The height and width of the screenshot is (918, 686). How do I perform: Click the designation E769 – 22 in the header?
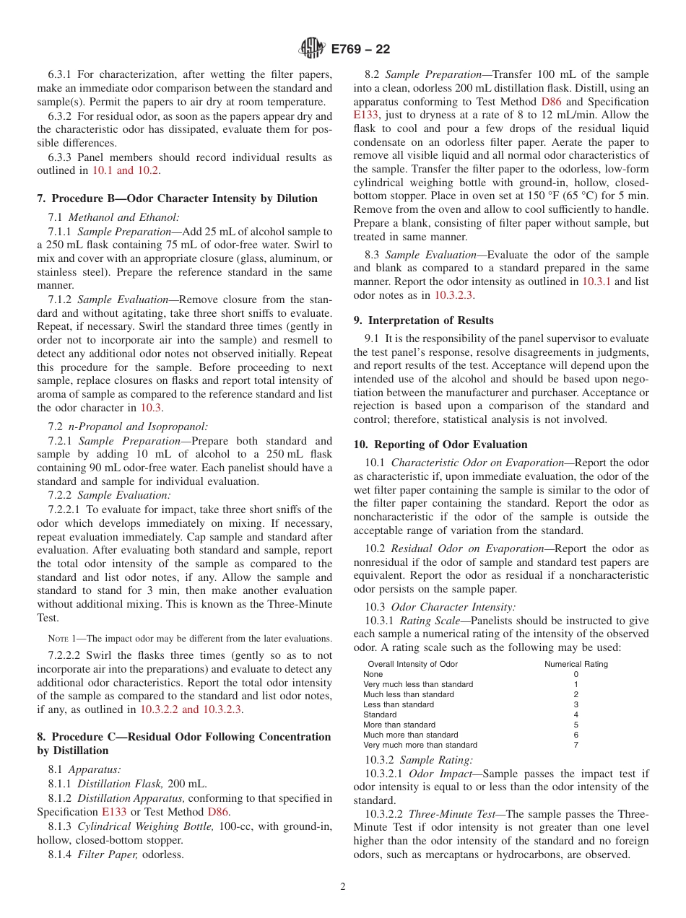point(360,49)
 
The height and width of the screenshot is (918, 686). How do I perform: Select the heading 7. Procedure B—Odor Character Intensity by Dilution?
point(177,198)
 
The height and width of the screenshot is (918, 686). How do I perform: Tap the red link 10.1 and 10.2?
point(127,170)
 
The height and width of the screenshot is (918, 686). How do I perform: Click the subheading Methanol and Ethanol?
point(123,217)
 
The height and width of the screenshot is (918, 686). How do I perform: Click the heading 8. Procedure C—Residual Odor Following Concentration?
point(183,737)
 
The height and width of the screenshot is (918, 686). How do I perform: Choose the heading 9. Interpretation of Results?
point(423,320)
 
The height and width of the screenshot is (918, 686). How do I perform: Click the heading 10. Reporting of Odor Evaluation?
point(440,445)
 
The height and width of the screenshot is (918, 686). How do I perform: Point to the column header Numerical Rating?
point(576,664)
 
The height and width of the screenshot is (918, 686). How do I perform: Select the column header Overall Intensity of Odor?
point(412,664)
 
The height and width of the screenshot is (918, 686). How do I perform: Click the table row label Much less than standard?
point(408,694)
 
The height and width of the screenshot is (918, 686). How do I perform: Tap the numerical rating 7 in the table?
point(576,745)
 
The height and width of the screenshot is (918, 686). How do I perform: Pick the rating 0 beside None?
point(576,674)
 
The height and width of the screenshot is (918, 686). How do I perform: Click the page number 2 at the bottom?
point(343,887)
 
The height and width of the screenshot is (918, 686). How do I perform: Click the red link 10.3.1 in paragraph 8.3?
point(596,281)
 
